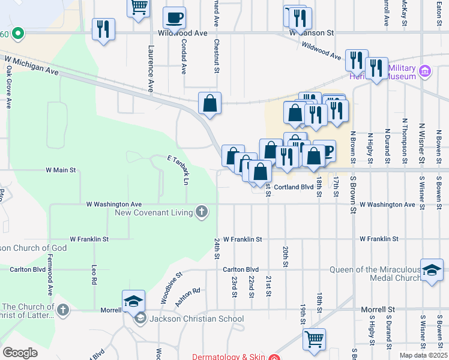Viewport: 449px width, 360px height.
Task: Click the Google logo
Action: (20, 353)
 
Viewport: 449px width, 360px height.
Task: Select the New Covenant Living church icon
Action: (202, 212)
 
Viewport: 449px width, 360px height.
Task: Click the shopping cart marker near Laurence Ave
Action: (139, 7)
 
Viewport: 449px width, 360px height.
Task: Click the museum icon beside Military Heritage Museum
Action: (426, 72)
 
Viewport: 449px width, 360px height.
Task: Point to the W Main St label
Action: (61, 170)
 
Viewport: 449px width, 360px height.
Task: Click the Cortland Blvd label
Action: (294, 187)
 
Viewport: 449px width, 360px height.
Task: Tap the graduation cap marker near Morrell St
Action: (133, 301)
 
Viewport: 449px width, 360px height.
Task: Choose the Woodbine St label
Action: (171, 288)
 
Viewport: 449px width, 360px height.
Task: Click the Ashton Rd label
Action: (188, 298)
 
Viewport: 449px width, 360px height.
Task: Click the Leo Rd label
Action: (94, 275)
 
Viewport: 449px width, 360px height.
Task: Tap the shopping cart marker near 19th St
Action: (314, 340)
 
